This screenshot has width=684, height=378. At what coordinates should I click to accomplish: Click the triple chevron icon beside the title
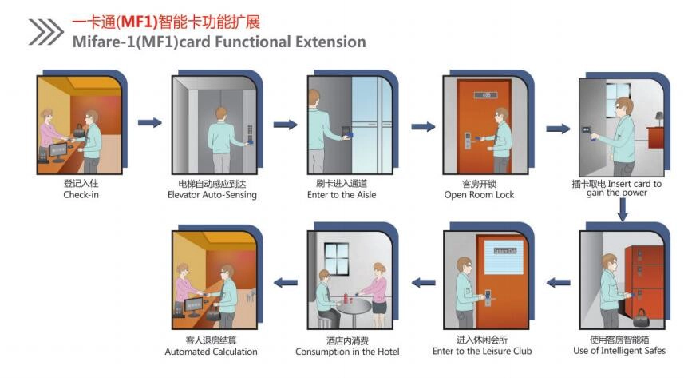tap(45, 31)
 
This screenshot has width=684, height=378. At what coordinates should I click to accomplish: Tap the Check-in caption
tap(81, 194)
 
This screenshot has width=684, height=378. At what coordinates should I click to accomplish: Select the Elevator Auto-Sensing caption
tap(212, 195)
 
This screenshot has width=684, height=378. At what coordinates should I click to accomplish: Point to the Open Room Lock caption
tap(479, 195)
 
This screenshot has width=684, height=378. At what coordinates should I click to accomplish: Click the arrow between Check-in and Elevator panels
tap(149, 123)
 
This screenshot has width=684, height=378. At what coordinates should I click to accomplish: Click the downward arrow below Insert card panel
tap(623, 209)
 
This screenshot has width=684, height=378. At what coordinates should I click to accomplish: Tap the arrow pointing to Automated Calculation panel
tap(286, 283)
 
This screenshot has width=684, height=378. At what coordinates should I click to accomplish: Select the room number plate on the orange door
tap(485, 95)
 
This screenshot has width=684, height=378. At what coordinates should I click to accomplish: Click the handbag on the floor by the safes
tap(640, 318)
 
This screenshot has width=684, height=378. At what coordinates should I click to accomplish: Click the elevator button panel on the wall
tap(250, 133)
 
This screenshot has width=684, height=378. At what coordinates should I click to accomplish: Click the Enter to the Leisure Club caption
tap(482, 351)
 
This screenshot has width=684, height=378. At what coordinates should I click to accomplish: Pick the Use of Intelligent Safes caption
tap(619, 351)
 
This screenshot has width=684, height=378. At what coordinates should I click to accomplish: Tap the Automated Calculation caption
tap(212, 352)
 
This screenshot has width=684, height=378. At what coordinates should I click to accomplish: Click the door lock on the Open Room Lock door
tap(468, 141)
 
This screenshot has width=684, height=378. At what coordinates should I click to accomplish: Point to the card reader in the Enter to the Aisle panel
tap(346, 131)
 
